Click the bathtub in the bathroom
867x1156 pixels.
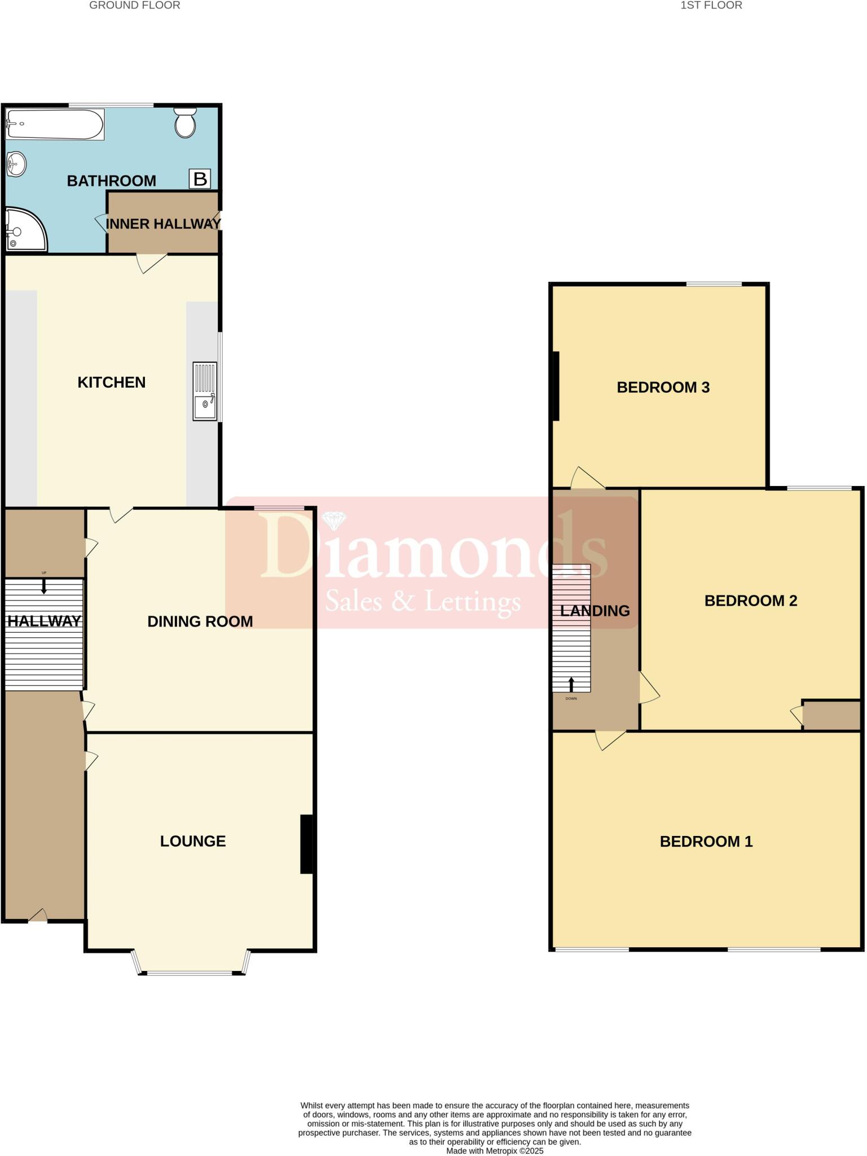click(55, 124)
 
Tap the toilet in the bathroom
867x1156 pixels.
click(185, 124)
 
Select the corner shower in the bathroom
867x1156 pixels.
click(24, 230)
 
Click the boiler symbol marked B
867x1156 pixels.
click(200, 179)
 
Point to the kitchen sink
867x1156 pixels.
click(205, 391)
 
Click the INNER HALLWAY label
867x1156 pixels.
click(163, 224)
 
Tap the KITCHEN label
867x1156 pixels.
click(112, 382)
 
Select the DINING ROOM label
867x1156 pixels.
click(200, 621)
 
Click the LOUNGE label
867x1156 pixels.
click(193, 840)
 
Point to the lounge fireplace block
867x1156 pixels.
click(306, 844)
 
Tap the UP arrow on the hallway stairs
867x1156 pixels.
click(44, 587)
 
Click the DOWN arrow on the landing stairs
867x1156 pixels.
click(571, 684)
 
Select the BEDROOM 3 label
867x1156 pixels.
click(663, 387)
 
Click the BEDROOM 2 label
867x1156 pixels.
click(750, 601)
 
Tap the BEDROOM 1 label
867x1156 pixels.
click(706, 841)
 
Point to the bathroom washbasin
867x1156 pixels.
click(16, 164)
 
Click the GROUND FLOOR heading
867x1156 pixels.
click(135, 6)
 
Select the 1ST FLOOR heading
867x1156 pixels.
click(711, 6)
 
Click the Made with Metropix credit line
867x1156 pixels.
click(495, 1150)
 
